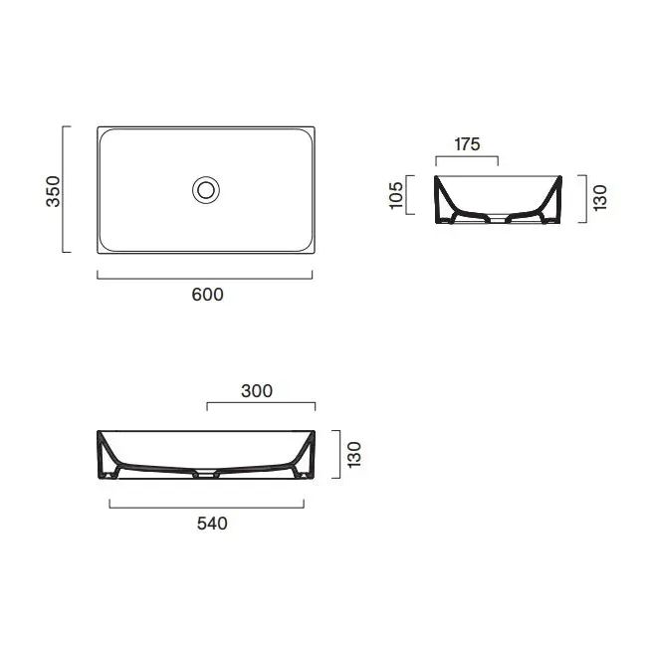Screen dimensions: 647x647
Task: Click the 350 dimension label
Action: click(x=53, y=191)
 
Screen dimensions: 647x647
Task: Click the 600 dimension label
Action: click(x=208, y=295)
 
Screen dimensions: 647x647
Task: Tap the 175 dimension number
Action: click(x=467, y=144)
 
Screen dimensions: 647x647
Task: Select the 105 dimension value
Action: click(x=396, y=195)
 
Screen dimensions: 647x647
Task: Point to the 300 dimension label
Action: click(x=257, y=391)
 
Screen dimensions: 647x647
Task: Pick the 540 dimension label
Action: click(x=212, y=524)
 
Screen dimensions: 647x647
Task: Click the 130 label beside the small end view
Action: click(x=600, y=198)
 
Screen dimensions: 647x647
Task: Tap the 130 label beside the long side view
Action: click(x=354, y=455)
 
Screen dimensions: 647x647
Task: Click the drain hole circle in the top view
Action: click(x=206, y=190)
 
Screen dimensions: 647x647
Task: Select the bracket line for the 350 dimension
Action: click(x=63, y=189)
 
